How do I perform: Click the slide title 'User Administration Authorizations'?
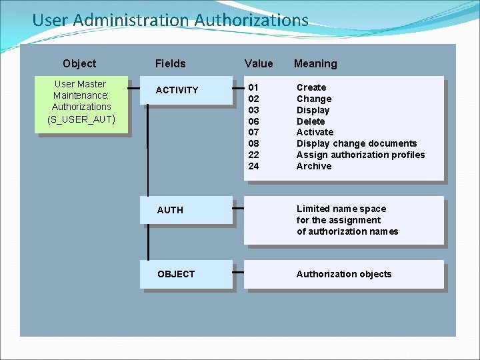pos(170,20)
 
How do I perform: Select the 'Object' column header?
pos(79,63)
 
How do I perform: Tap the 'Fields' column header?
pos(170,63)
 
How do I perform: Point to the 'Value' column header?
pos(259,63)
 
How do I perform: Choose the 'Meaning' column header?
pos(315,63)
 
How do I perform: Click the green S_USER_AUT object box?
pos(81,102)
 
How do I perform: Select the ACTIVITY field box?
pos(185,90)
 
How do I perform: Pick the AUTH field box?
pos(185,210)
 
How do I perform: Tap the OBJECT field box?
pos(185,274)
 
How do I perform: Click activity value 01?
pos(253,87)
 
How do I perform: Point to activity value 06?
pos(253,121)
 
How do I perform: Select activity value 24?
pos(253,166)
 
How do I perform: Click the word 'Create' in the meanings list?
pos(311,87)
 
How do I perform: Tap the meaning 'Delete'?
pos(311,121)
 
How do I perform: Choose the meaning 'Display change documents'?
pos(357,143)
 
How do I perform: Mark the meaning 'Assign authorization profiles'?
pos(361,155)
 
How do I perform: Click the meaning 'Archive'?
pos(313,166)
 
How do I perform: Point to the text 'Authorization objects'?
pos(344,274)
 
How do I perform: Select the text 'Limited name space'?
pos(341,209)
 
